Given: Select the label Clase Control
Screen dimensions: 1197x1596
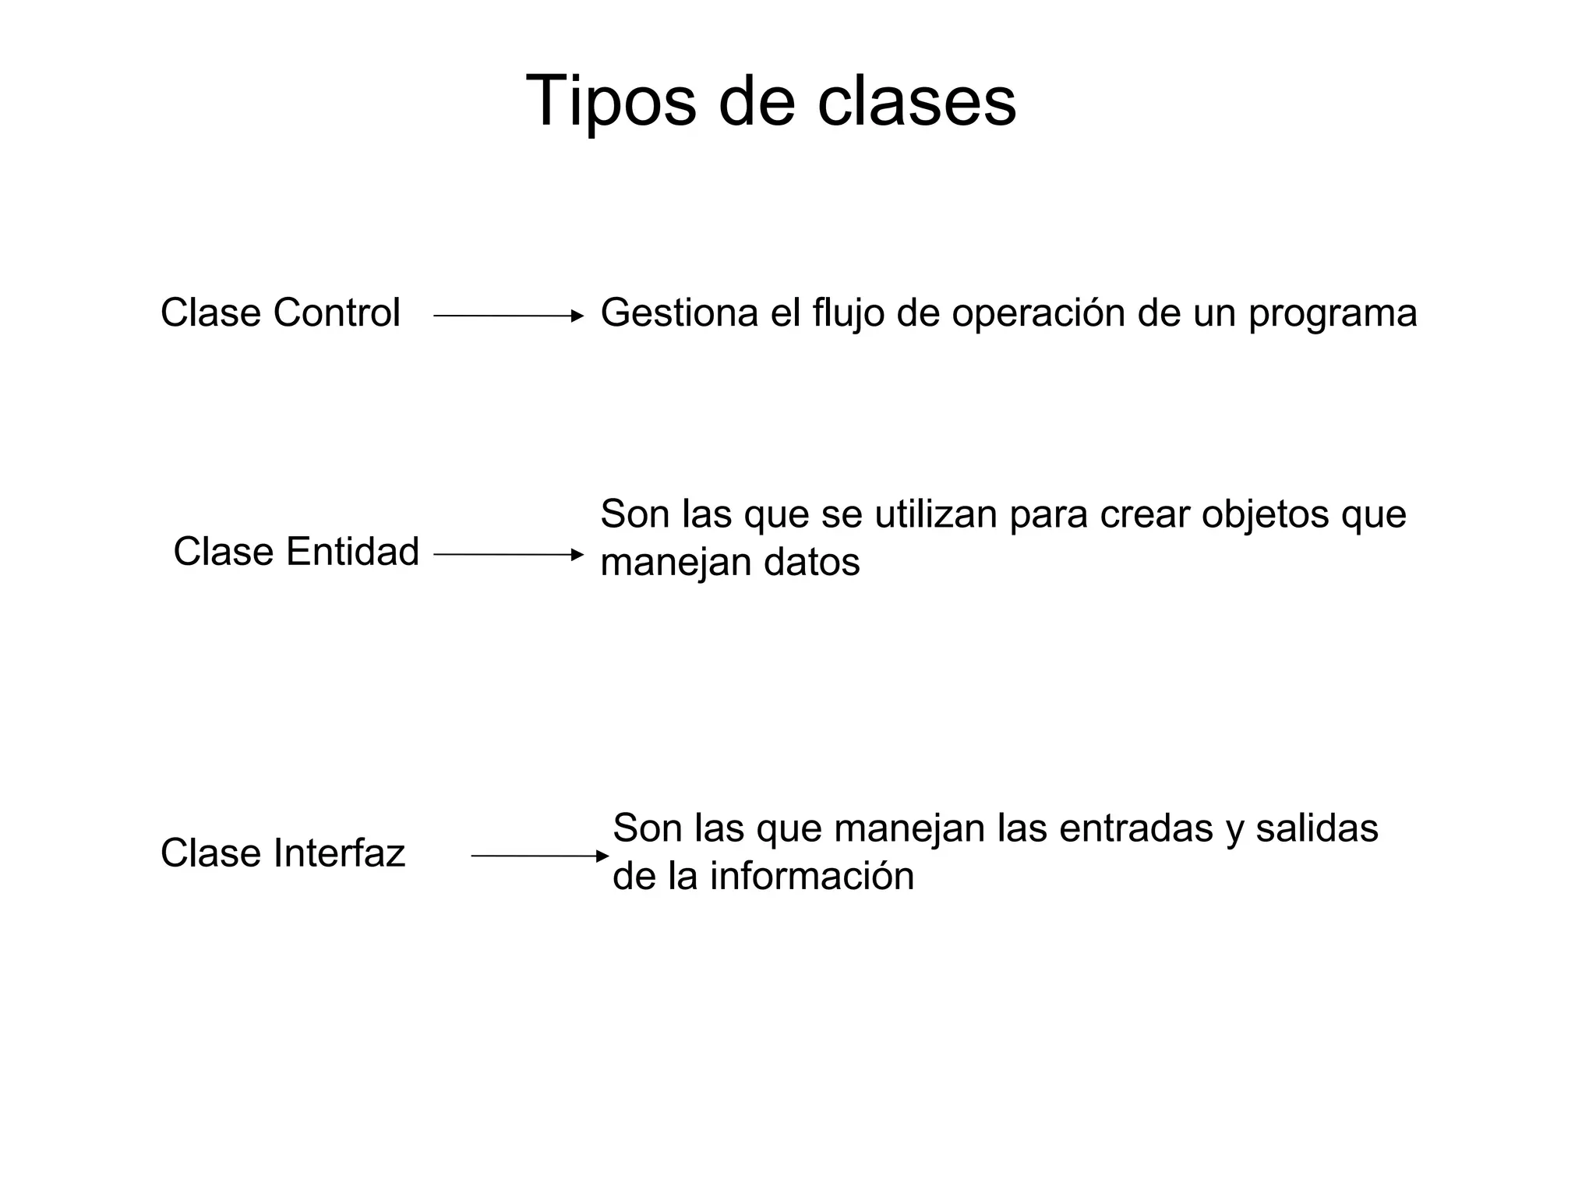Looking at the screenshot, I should pyautogui.click(x=281, y=313).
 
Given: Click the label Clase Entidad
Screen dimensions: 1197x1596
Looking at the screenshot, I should pyautogui.click(x=296, y=552).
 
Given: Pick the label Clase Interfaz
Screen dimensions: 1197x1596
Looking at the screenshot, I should pyautogui.click(x=283, y=853).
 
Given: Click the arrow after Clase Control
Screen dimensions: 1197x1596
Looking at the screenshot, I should pyautogui.click(x=508, y=316).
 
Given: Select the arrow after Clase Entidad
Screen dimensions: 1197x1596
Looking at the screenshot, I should pyautogui.click(x=508, y=555).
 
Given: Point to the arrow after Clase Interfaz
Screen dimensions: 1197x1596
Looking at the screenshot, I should pyautogui.click(x=539, y=856).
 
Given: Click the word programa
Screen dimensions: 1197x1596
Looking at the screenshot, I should pyautogui.click(x=1333, y=313).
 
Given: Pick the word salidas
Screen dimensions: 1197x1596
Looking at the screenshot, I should pyautogui.click(x=1317, y=828).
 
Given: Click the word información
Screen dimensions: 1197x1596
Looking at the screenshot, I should pyautogui.click(x=811, y=877).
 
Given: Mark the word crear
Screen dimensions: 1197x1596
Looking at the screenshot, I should pyautogui.click(x=1145, y=514).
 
